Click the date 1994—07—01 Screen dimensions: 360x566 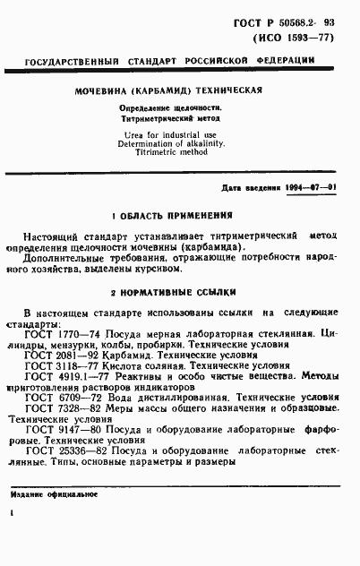click(307, 188)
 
